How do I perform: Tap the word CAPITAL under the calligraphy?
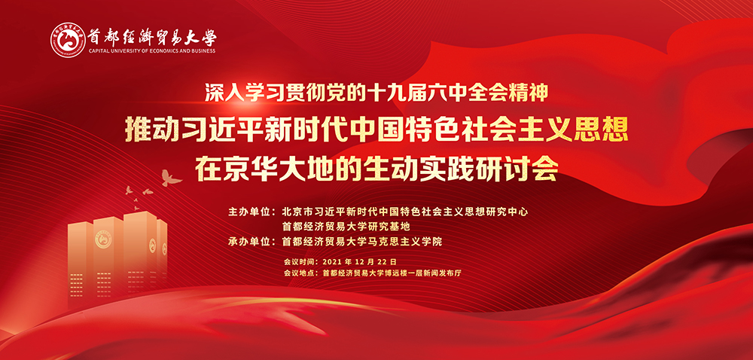pos(98,51)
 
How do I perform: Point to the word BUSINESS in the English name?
pos(201,51)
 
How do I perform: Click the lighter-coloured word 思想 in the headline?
pos(601,130)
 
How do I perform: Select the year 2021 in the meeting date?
pos(332,262)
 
